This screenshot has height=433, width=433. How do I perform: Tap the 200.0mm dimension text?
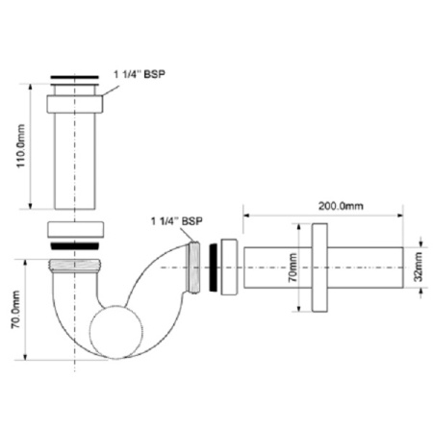[342, 205]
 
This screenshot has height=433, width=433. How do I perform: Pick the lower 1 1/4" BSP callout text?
[176, 221]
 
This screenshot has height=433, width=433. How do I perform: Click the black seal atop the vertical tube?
[73, 77]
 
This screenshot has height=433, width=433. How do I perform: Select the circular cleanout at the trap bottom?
[112, 333]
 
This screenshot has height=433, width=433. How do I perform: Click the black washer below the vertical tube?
[74, 246]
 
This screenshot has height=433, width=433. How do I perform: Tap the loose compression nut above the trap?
[74, 231]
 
